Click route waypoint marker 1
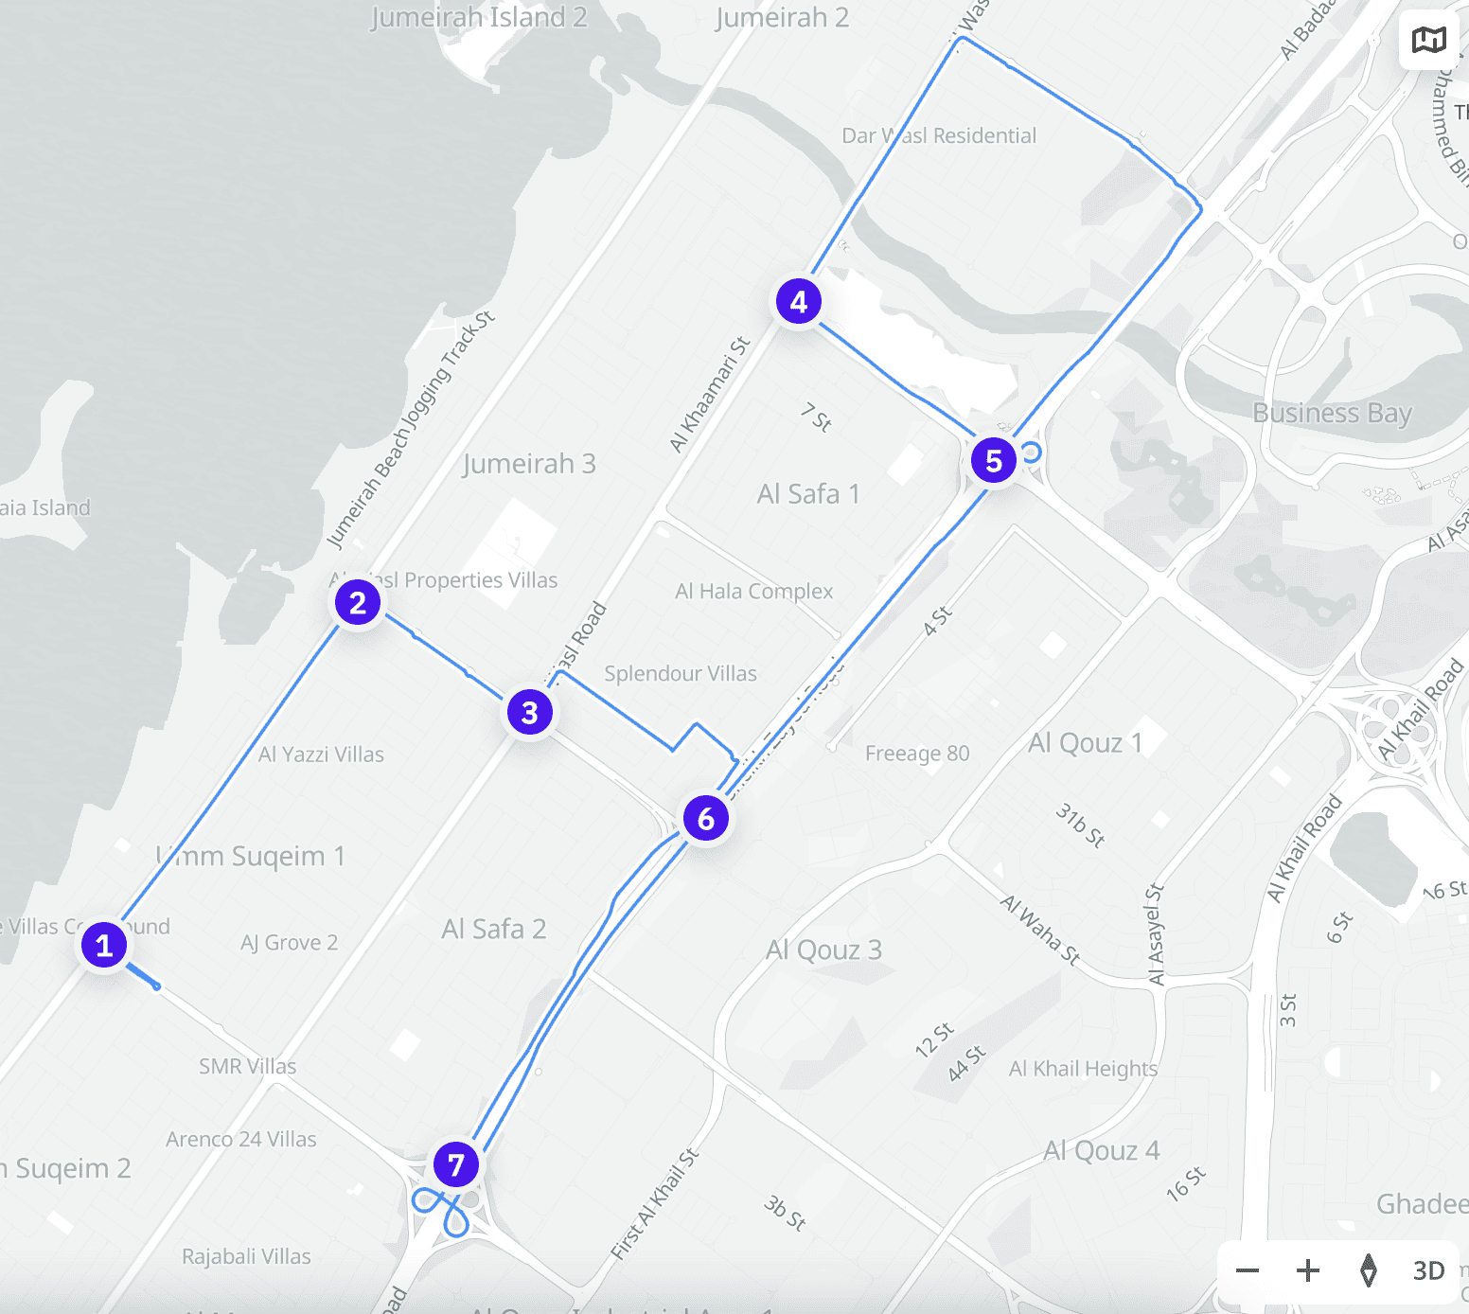click(x=104, y=945)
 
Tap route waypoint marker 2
click(x=358, y=602)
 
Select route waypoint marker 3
click(x=530, y=712)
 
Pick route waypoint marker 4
click(x=799, y=301)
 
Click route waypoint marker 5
click(x=994, y=460)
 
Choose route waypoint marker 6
click(x=706, y=818)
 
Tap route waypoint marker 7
click(x=456, y=1164)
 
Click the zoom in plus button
click(x=1308, y=1270)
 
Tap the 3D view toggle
click(x=1428, y=1270)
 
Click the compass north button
click(x=1369, y=1270)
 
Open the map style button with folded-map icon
click(x=1429, y=40)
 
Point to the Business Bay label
click(x=1332, y=413)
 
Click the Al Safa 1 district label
click(x=808, y=494)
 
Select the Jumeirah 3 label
click(x=529, y=464)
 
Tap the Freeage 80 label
click(x=917, y=754)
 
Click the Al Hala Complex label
click(x=753, y=592)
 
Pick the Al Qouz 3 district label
click(x=823, y=950)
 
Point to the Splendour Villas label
click(x=681, y=674)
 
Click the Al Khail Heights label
click(x=1083, y=1069)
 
